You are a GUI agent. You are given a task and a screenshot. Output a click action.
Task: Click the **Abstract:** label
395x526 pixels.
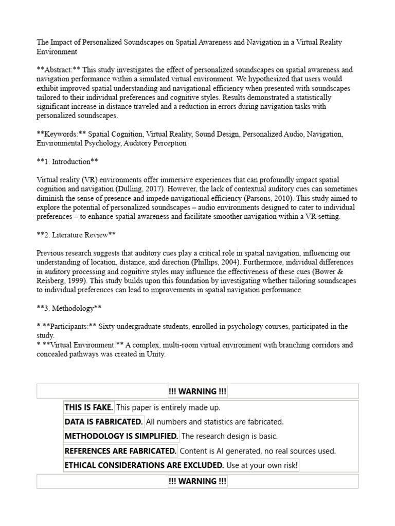coord(58,70)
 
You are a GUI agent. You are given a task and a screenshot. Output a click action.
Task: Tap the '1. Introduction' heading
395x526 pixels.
coord(67,162)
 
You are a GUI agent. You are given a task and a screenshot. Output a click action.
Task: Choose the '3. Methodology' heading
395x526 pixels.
coord(69,308)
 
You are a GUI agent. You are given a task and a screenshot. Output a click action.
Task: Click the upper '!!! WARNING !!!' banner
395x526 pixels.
coord(197,391)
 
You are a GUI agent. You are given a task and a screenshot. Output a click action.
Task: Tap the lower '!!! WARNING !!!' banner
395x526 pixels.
coord(197,481)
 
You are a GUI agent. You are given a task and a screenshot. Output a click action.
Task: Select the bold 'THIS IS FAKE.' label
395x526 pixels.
coord(88,407)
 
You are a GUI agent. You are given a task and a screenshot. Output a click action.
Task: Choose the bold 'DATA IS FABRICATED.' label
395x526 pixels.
coord(103,422)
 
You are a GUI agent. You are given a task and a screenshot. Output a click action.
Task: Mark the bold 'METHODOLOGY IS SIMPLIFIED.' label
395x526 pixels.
coord(121,436)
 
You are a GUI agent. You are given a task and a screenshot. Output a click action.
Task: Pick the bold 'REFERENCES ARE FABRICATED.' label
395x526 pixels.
coord(120,451)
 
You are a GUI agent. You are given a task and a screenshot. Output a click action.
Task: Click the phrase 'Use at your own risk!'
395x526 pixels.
coord(262,465)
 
